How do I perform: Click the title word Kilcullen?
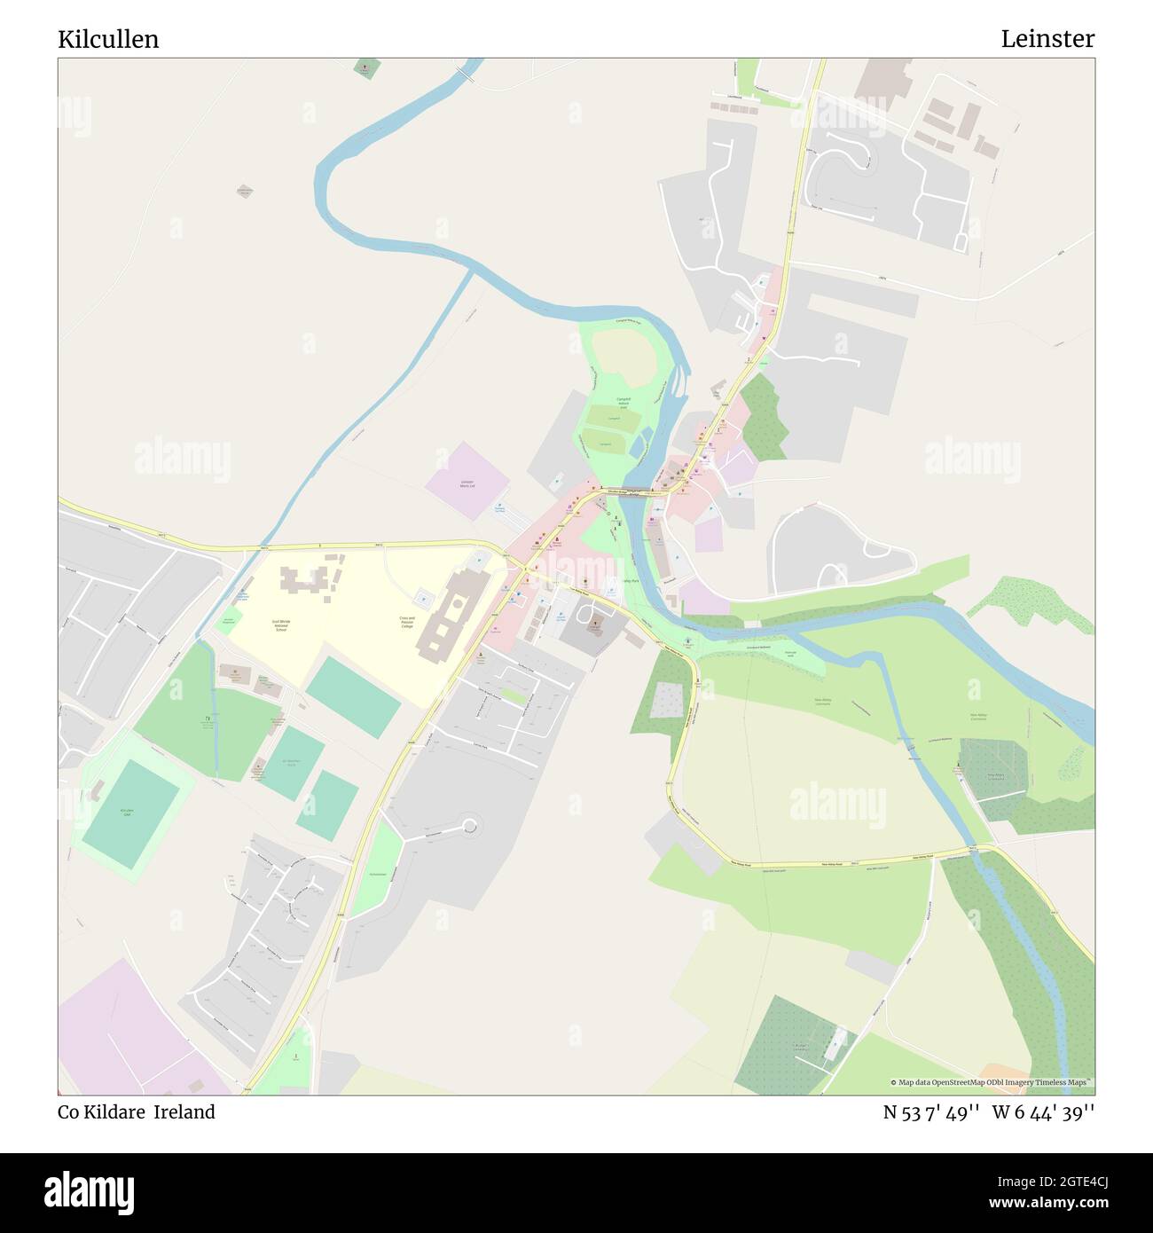(108, 39)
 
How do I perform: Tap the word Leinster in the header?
(1047, 39)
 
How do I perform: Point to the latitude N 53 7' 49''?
(931, 1111)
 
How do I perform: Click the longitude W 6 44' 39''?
(1043, 1111)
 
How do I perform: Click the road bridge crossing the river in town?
(632, 492)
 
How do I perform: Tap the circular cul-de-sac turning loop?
(469, 827)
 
